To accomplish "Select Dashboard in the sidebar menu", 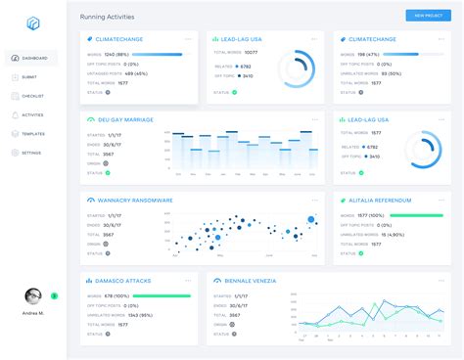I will (31, 58).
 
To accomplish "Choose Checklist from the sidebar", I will (31, 96).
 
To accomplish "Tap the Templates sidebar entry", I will (31, 133).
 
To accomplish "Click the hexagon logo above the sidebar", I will (32, 22).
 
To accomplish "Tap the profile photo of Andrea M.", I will (33, 296).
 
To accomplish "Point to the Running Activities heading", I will (108, 17).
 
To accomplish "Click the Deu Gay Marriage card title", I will (122, 119).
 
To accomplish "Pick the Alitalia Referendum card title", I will (377, 200).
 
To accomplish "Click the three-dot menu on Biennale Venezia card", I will (441, 281).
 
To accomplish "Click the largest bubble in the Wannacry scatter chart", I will (311, 219).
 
